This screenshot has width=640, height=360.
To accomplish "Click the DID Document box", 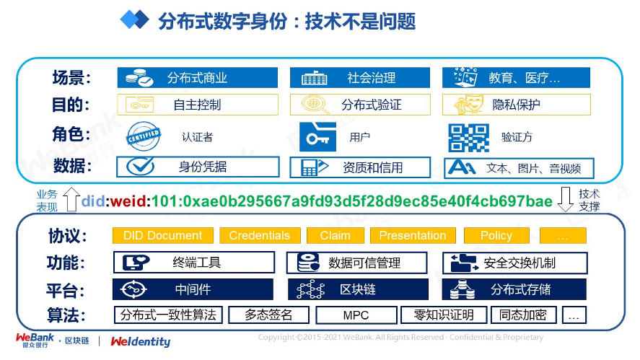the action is [162, 235].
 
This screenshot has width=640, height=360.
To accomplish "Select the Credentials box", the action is [259, 235].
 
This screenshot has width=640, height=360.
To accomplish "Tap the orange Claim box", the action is [335, 235].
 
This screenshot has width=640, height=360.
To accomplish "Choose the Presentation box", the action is [412, 235].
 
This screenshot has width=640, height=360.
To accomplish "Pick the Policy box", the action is [496, 235].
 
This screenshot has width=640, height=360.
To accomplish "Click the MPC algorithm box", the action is [356, 315].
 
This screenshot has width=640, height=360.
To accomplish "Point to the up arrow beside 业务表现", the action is [71, 199].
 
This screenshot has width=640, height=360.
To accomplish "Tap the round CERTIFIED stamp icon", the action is [143, 136].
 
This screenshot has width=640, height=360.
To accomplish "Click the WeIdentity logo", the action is [141, 341].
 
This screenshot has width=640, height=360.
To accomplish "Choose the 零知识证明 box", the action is [443, 315].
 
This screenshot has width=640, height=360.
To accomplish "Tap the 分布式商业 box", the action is [197, 78].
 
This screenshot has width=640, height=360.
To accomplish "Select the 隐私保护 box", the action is [516, 105].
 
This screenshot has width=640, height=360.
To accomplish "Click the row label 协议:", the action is [67, 236].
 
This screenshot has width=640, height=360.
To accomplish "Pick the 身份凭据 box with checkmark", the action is [197, 167].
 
